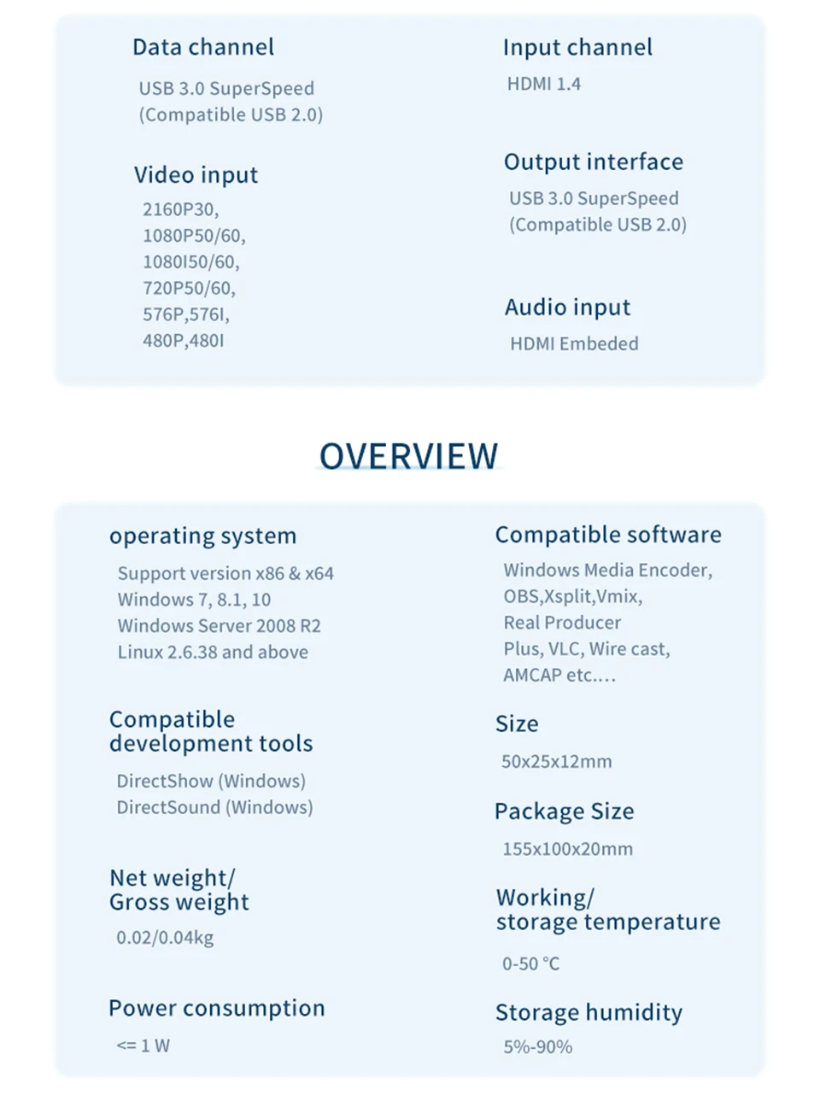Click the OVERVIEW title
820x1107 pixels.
(408, 456)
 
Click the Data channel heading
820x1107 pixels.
(203, 47)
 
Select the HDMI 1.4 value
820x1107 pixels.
(544, 84)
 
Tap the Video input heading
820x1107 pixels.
(196, 175)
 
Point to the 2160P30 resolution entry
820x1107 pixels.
(180, 209)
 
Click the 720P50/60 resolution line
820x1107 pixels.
(189, 288)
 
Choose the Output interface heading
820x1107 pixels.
(593, 161)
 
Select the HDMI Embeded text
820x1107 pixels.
(574, 343)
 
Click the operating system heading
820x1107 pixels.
(202, 536)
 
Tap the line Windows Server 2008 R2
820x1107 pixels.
(220, 625)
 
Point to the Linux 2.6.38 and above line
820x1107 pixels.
(213, 652)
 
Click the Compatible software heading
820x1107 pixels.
(608, 535)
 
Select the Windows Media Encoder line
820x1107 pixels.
(607, 570)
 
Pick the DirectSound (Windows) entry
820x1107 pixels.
(214, 807)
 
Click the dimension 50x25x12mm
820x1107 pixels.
(556, 761)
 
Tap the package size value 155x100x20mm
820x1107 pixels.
(567, 849)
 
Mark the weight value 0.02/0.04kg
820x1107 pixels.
(165, 937)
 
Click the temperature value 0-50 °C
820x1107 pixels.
(530, 963)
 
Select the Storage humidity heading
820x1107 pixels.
(589, 1012)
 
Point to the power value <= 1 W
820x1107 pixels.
(143, 1045)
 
